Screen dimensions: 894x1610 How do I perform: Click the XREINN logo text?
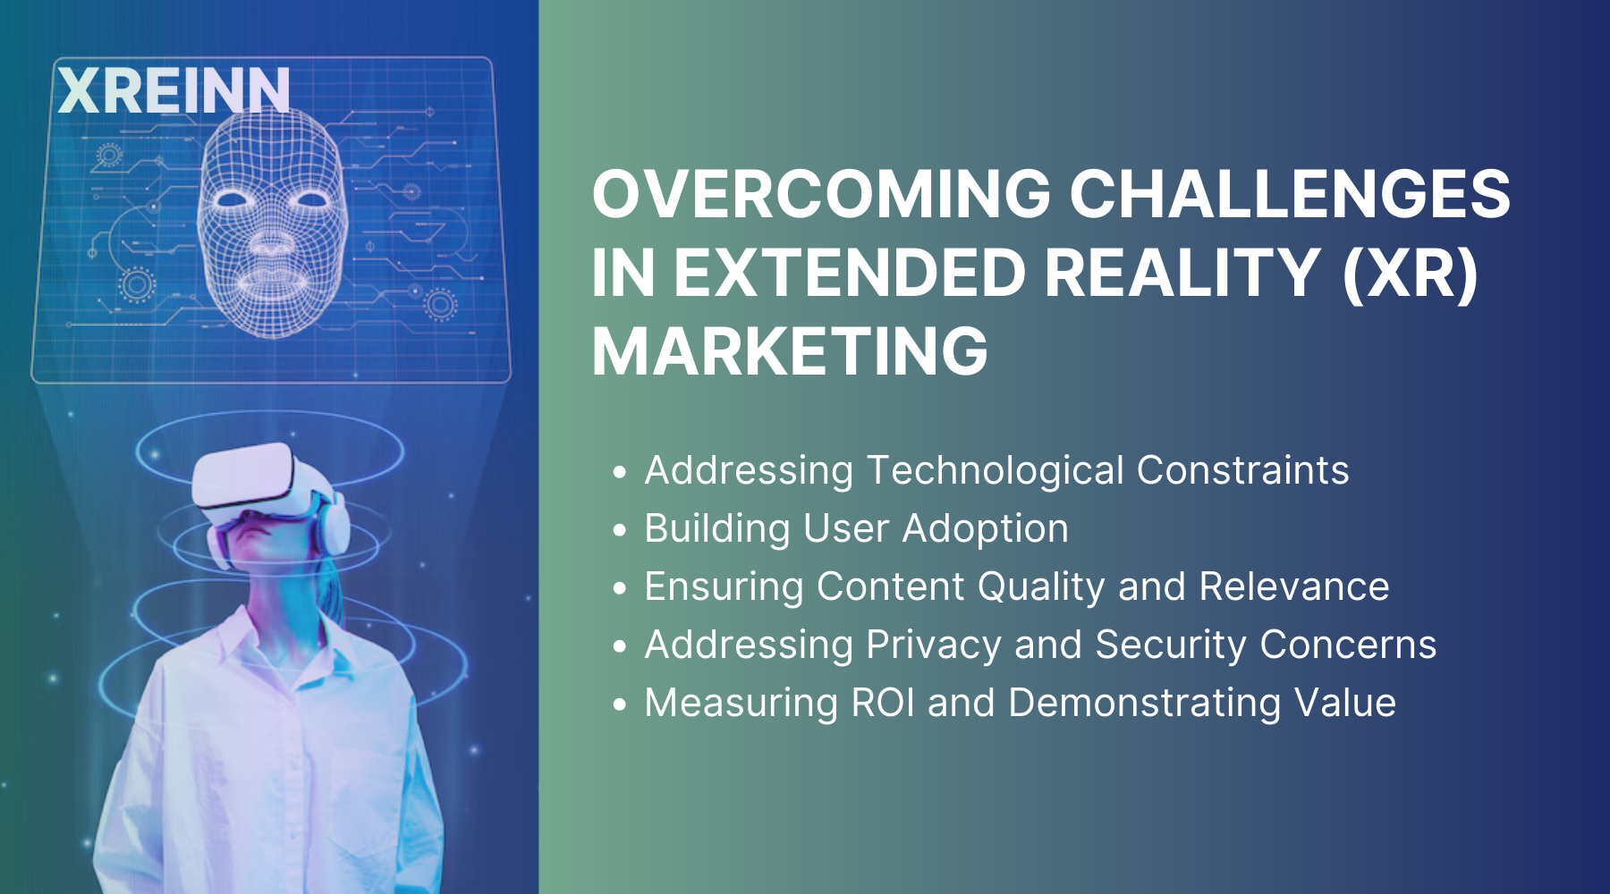pos(174,90)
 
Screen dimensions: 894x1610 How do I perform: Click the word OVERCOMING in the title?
pos(821,194)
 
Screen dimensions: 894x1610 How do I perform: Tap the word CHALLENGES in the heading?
pos(1290,194)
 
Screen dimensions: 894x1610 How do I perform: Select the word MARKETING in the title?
pos(790,351)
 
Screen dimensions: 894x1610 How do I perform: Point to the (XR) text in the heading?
pos(1411,273)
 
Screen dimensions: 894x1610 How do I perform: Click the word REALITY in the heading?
pos(1182,273)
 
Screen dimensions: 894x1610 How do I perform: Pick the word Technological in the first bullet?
pos(996,470)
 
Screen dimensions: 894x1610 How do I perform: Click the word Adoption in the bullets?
pos(985,528)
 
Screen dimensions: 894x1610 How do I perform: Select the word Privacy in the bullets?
pos(934,645)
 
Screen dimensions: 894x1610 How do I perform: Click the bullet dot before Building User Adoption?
pos(620,530)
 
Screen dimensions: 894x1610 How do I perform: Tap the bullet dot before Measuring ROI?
pos(620,704)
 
